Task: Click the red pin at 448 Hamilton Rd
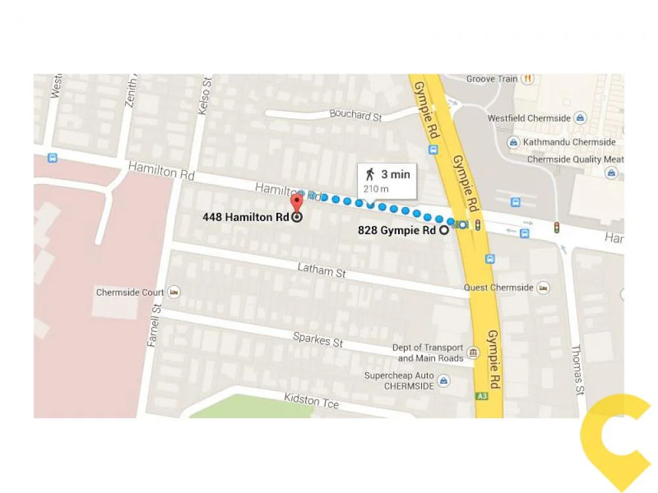[x=296, y=201]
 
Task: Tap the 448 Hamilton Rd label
[x=246, y=218]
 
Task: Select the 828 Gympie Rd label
[x=397, y=230]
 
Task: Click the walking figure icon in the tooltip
[x=370, y=174]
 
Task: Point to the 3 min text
[x=395, y=174]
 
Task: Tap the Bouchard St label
[x=355, y=115]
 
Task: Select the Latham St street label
[x=321, y=270]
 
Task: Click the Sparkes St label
[x=318, y=339]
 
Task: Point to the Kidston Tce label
[x=311, y=400]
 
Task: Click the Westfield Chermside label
[x=529, y=118]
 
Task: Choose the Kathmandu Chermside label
[x=569, y=142]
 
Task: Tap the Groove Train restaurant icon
[x=527, y=79]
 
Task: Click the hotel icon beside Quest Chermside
[x=543, y=288]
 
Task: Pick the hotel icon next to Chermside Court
[x=174, y=292]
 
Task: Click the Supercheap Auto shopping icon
[x=444, y=381]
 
